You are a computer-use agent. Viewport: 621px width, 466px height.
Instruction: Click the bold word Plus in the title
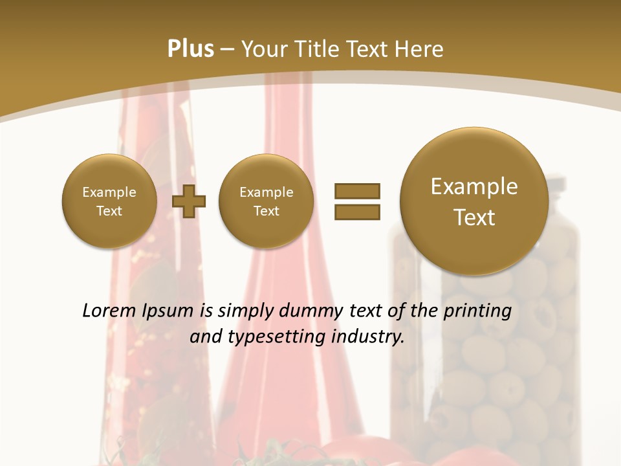click(190, 49)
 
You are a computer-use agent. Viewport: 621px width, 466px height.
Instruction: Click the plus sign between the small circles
click(189, 202)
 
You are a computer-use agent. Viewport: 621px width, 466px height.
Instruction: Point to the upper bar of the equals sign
click(357, 191)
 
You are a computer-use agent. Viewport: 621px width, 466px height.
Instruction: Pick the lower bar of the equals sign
click(357, 212)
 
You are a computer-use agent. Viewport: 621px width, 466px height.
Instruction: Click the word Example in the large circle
click(474, 186)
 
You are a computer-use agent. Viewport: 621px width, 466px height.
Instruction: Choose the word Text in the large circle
click(474, 217)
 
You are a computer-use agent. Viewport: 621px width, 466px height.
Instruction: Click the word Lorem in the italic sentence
click(105, 311)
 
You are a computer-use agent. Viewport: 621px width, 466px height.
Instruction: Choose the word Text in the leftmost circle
click(109, 211)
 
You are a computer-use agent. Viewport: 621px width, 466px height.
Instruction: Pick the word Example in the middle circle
click(267, 192)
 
